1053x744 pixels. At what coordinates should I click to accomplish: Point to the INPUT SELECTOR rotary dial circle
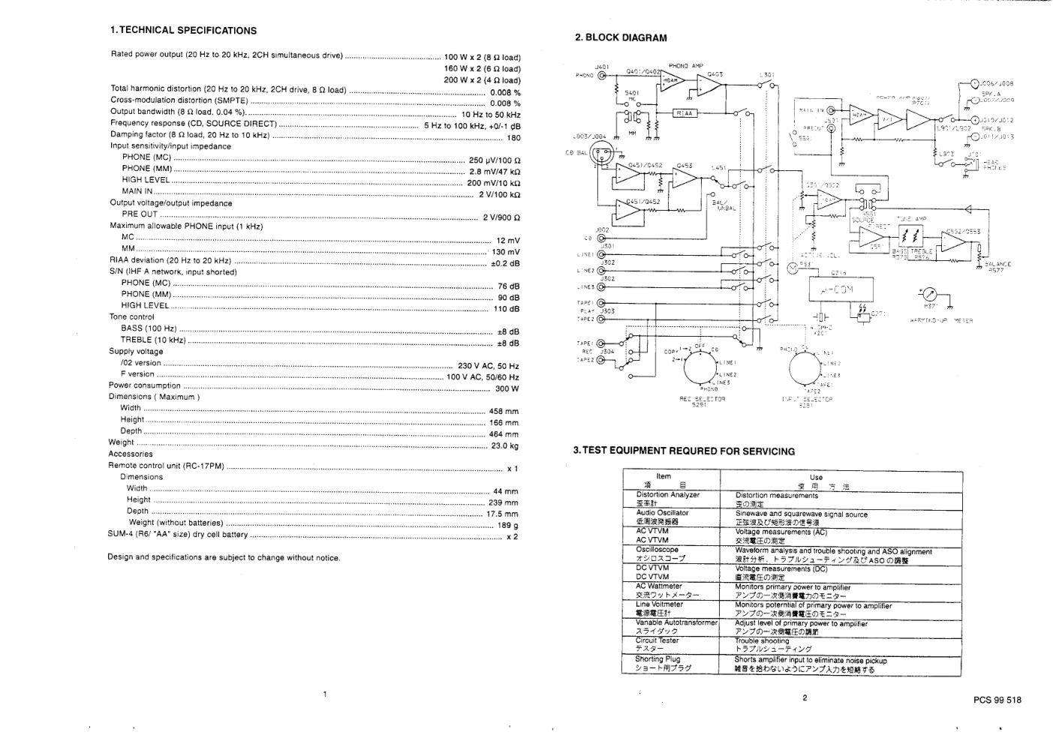click(x=807, y=368)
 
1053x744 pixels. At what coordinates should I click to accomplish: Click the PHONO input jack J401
click(x=602, y=75)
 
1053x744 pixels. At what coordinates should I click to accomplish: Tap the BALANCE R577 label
click(x=997, y=266)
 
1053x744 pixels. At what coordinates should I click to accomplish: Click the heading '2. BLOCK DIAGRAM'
click(x=620, y=37)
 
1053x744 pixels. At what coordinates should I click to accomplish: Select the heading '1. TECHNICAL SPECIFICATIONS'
click(x=183, y=31)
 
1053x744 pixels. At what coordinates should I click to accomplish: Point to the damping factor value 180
click(x=513, y=138)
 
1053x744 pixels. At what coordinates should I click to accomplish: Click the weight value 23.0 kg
click(x=504, y=445)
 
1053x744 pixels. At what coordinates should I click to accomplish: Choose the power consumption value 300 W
click(x=507, y=388)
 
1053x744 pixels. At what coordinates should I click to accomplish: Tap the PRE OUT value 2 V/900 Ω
click(x=501, y=217)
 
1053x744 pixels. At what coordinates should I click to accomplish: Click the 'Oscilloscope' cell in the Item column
click(x=657, y=550)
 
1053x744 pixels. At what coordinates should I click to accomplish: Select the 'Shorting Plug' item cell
click(x=657, y=659)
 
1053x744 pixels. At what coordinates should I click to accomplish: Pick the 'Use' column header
click(x=816, y=477)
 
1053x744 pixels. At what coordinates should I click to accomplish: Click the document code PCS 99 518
click(x=997, y=700)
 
